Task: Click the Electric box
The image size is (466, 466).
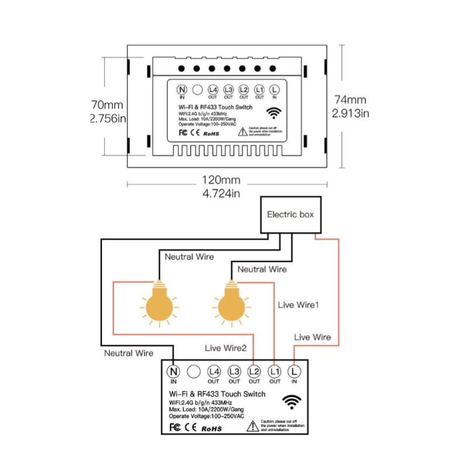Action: [x=290, y=215]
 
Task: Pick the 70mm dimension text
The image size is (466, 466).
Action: [x=107, y=105]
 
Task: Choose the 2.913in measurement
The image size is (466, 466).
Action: [x=350, y=113]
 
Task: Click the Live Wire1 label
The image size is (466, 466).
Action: [x=298, y=305]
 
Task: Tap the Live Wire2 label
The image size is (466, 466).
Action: [x=226, y=348]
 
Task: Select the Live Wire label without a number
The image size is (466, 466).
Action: [x=312, y=337]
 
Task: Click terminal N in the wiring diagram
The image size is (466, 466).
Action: [x=173, y=371]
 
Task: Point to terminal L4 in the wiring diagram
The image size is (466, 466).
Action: [x=213, y=371]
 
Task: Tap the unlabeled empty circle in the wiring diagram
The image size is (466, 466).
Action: [x=193, y=371]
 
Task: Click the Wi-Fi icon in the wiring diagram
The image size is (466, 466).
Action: [x=292, y=401]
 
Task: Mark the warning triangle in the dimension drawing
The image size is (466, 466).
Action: [x=243, y=131]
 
